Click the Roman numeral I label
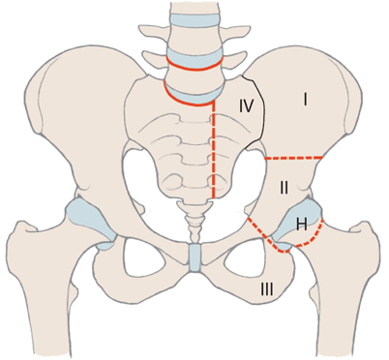[305, 99]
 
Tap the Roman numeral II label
[284, 188]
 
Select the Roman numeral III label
[266, 289]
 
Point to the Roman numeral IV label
[246, 105]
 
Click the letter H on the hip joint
[302, 224]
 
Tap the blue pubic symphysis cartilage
[194, 257]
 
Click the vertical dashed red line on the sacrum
[214, 149]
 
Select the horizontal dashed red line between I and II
[293, 158]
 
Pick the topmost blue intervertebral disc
[195, 18]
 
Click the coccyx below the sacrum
[194, 222]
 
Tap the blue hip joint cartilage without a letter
[90, 223]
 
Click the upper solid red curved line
[195, 66]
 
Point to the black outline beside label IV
[258, 113]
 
